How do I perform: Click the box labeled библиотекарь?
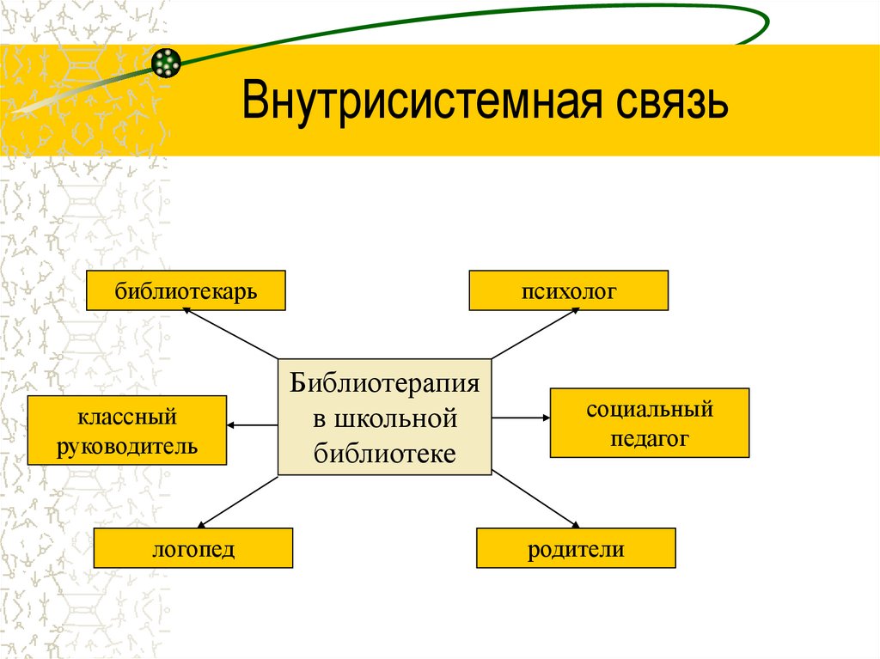click(x=185, y=290)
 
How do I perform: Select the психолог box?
click(x=568, y=290)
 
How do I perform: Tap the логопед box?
click(x=193, y=548)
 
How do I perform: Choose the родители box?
click(x=576, y=548)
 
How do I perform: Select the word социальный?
click(x=650, y=409)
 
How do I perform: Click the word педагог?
click(x=650, y=438)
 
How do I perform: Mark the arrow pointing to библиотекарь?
click(x=230, y=333)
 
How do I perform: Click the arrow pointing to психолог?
click(x=535, y=333)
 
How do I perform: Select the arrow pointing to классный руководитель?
click(x=253, y=424)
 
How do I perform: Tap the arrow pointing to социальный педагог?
click(x=521, y=418)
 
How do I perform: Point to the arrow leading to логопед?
click(x=238, y=501)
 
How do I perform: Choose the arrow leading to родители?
click(x=535, y=500)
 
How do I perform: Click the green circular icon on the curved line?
click(x=165, y=61)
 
